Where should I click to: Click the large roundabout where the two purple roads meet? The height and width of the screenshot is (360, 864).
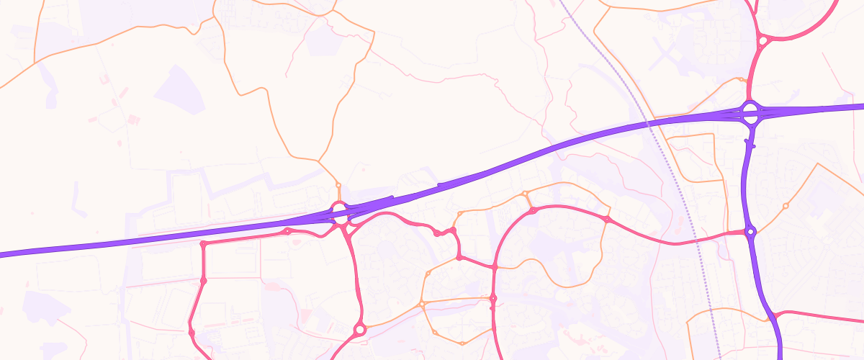click(x=750, y=112)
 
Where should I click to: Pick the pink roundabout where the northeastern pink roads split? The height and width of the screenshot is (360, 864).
click(x=762, y=41)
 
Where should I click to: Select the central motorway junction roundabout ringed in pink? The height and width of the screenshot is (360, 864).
click(x=338, y=211)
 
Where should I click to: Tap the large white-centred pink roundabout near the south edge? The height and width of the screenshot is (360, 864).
click(x=360, y=330)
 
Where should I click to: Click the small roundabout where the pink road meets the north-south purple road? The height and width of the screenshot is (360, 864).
click(x=750, y=232)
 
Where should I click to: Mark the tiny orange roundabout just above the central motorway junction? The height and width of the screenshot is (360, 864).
click(x=338, y=185)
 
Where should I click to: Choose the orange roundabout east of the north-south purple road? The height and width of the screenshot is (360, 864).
click(x=786, y=206)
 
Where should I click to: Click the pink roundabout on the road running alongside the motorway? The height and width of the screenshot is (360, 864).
click(x=288, y=231)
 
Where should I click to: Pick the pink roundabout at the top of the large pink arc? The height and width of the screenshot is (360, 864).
click(x=533, y=211)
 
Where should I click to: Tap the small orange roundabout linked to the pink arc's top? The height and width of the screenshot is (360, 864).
click(x=525, y=194)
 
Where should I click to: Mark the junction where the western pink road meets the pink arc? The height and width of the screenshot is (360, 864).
click(x=495, y=267)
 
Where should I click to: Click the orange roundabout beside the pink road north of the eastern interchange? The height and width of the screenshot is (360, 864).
click(x=741, y=79)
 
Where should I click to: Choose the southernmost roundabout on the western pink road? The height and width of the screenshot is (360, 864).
click(x=192, y=331)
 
